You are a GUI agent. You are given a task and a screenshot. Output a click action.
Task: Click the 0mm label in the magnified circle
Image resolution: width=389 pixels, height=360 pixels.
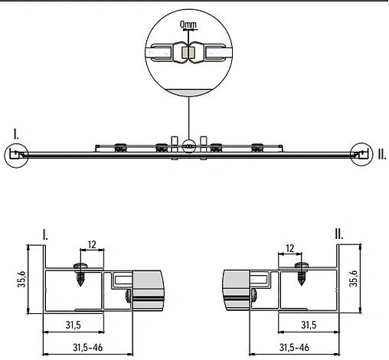pos(188,25)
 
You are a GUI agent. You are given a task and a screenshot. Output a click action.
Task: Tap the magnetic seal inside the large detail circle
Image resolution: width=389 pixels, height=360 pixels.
pos(188,54)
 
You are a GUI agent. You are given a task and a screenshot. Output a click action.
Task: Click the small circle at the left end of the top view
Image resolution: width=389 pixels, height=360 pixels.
pos(16,155)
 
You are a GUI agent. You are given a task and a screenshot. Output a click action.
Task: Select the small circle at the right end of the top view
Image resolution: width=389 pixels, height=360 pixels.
pos(360,154)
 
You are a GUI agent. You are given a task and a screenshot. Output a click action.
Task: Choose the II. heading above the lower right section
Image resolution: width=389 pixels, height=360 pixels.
pos(338,234)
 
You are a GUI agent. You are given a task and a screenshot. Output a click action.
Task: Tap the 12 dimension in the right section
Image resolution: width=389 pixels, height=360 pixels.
pos(289,247)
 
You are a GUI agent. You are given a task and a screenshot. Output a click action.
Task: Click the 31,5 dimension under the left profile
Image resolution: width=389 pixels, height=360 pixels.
pos(74,324)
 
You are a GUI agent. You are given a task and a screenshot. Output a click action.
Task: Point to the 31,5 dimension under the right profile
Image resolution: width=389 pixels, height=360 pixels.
pos(306,324)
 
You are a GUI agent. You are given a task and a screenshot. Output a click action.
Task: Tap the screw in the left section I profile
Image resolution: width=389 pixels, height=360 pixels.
pos(80,273)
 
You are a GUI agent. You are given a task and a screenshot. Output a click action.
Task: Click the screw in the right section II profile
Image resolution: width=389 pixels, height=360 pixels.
pos(300,273)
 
